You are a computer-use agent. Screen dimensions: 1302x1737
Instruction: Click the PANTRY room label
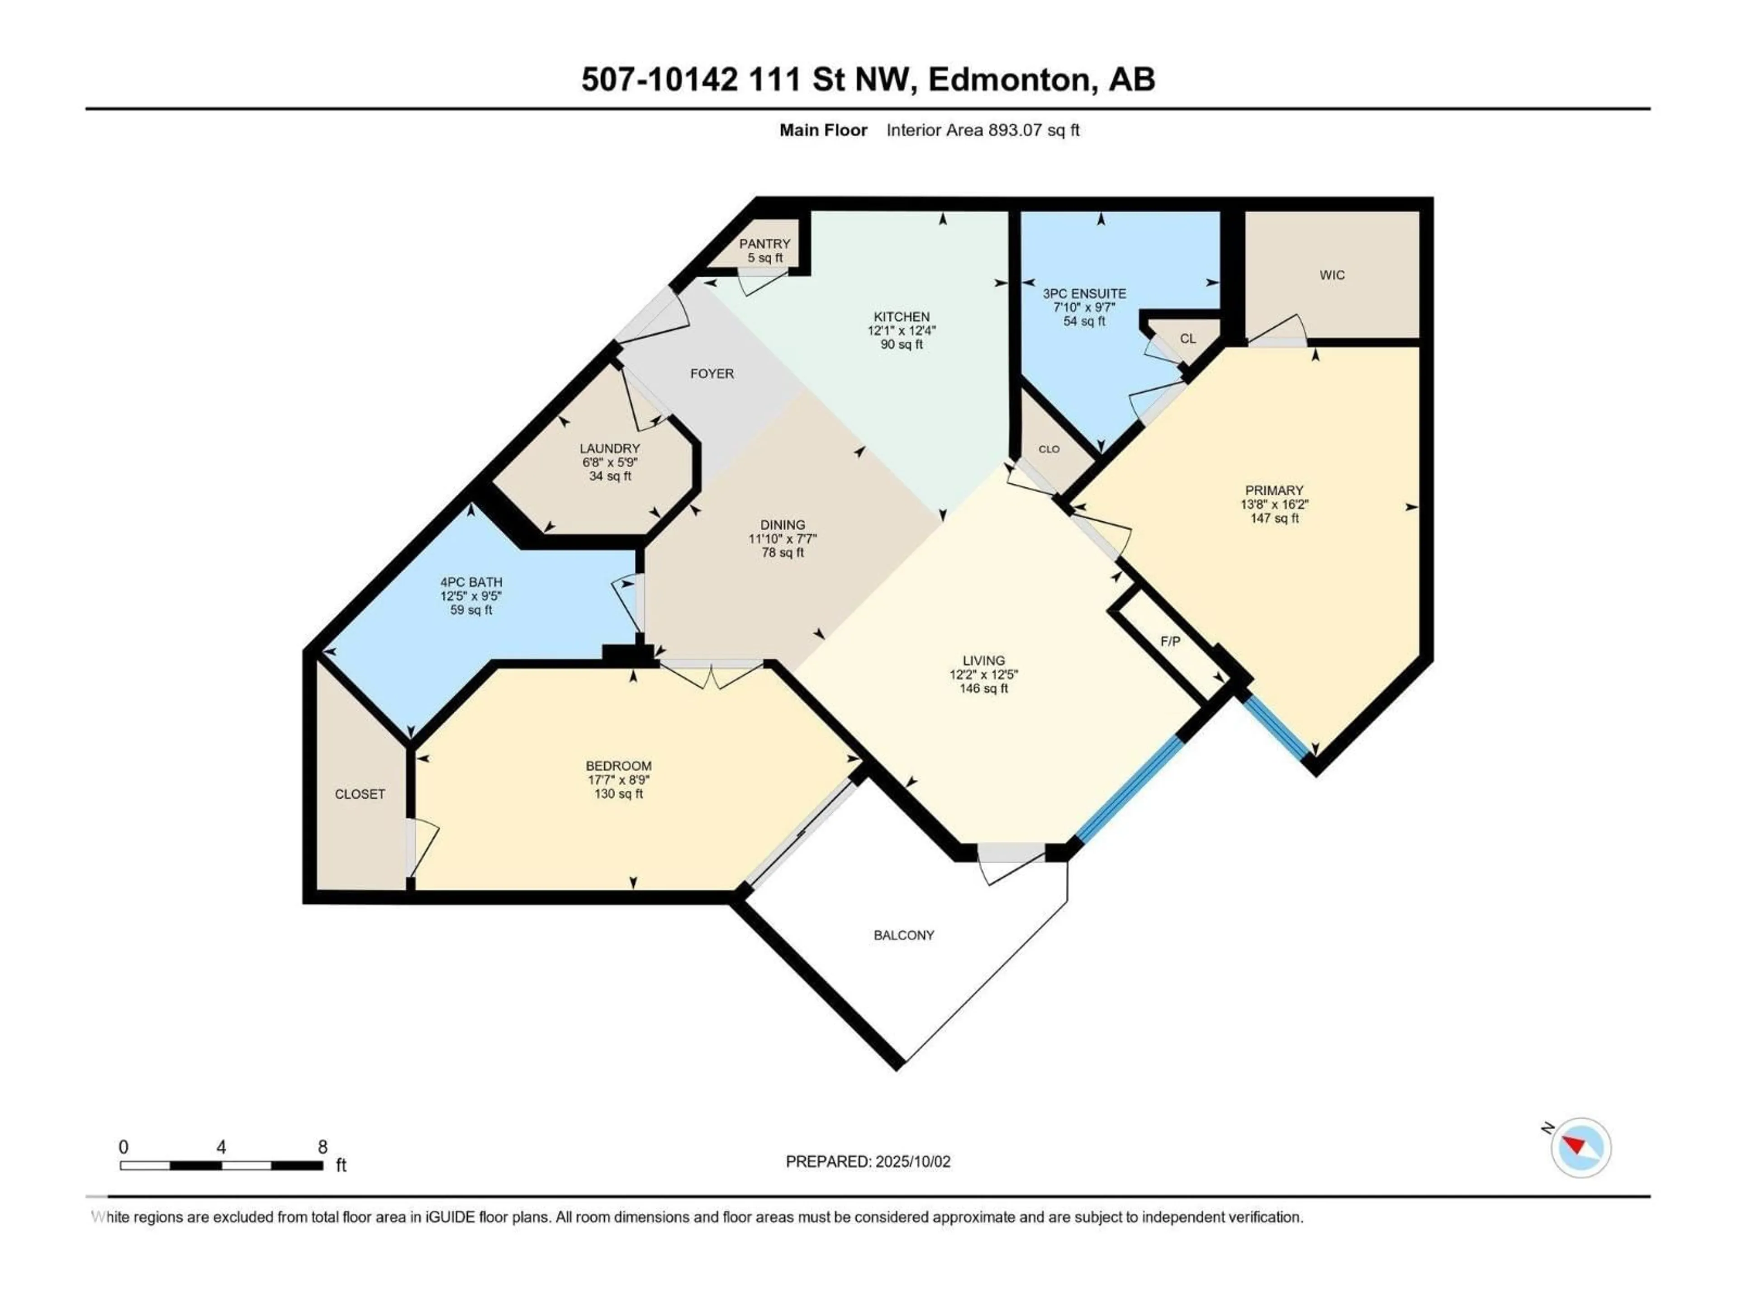pyautogui.click(x=764, y=244)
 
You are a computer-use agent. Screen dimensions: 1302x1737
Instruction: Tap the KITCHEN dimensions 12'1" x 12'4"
pyautogui.click(x=902, y=330)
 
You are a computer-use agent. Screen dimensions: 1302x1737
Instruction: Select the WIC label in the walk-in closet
pyautogui.click(x=1332, y=275)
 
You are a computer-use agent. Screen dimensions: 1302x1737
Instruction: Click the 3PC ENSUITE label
pyautogui.click(x=1084, y=293)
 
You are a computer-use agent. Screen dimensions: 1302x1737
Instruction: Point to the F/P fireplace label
pyautogui.click(x=1170, y=641)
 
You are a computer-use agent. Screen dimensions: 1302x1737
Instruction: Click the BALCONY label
pyautogui.click(x=904, y=935)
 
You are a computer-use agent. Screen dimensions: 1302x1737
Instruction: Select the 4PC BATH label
pyautogui.click(x=471, y=582)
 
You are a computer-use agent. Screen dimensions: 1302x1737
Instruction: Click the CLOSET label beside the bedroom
pyautogui.click(x=360, y=794)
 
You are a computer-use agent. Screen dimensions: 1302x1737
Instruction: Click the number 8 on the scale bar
pyautogui.click(x=322, y=1146)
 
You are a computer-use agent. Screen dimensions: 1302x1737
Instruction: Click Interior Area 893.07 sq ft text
pyautogui.click(x=982, y=130)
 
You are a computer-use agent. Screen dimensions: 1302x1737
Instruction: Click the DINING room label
pyautogui.click(x=782, y=525)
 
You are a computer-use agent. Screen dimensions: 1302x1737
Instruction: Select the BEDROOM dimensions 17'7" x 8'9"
pyautogui.click(x=619, y=780)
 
